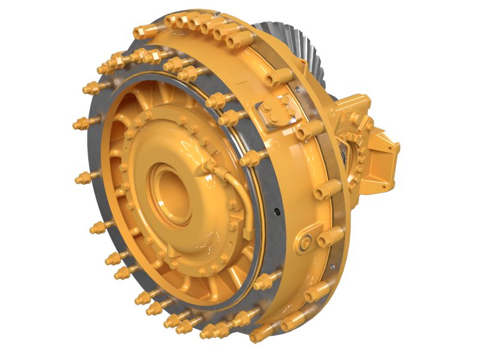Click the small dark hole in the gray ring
[x=277, y=211]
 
